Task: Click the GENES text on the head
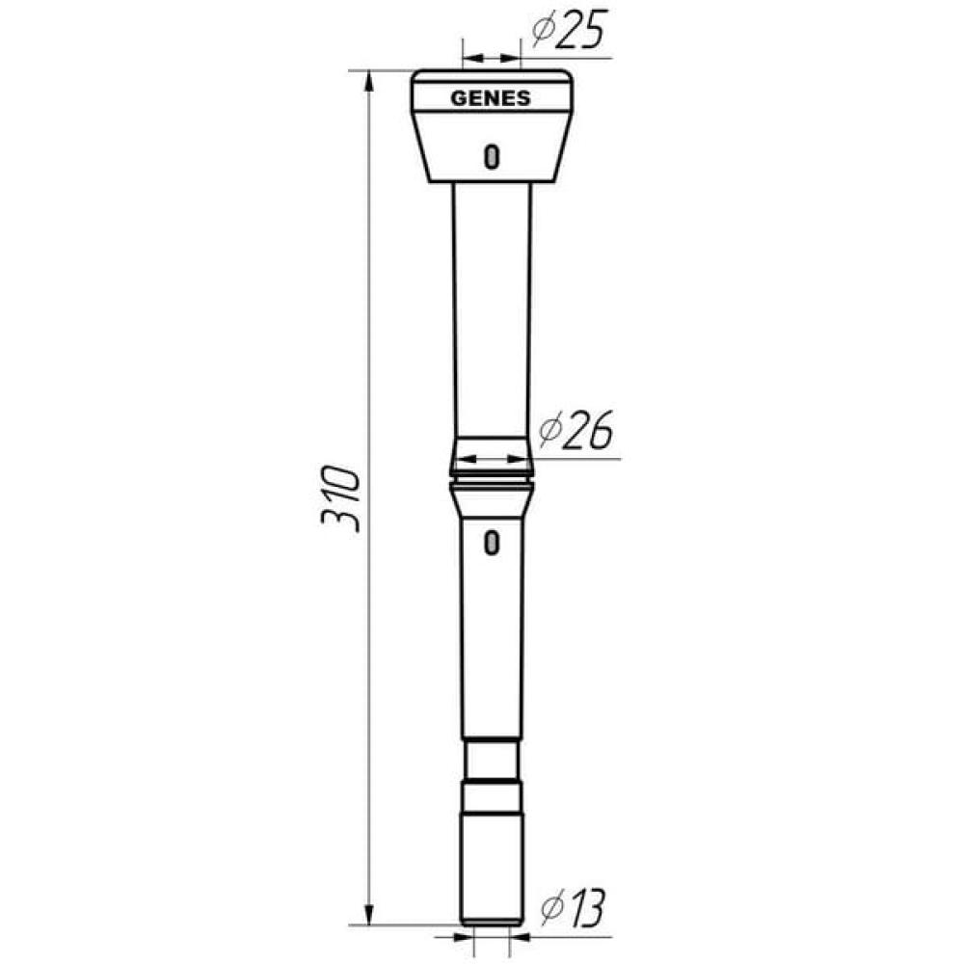click(491, 98)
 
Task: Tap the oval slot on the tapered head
click(492, 155)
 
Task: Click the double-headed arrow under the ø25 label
click(491, 57)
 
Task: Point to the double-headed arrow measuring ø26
click(491, 459)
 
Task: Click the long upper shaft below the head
click(492, 308)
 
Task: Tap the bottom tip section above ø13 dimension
click(492, 868)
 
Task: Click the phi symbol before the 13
click(551, 909)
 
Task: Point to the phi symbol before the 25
click(541, 33)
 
